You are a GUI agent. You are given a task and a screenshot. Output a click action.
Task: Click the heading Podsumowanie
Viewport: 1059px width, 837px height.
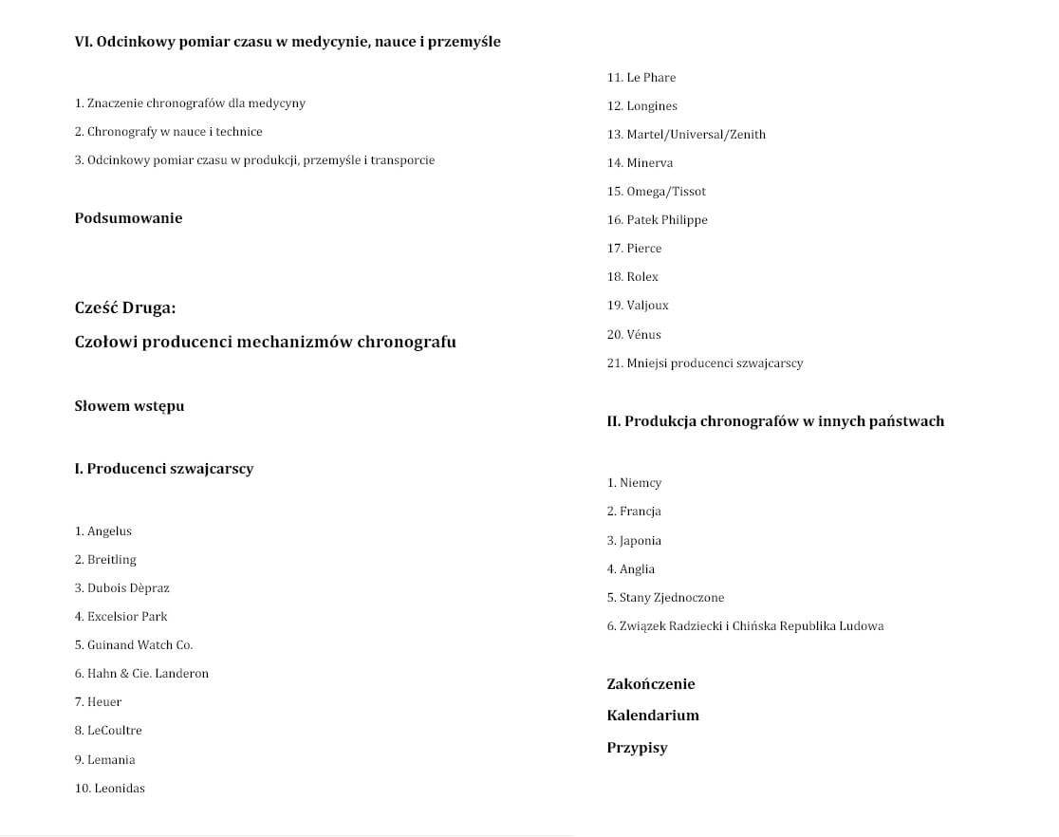pos(128,218)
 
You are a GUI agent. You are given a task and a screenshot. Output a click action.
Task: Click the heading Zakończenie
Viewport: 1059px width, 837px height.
pos(651,684)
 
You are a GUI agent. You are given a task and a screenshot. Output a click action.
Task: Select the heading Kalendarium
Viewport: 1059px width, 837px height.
pos(653,716)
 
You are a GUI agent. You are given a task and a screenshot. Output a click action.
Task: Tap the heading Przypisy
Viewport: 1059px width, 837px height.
pos(637,748)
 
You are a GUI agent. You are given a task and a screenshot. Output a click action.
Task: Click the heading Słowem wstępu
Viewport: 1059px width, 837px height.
pos(129,406)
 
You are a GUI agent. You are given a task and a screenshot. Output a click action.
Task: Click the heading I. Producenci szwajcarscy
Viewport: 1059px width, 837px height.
pos(164,469)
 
